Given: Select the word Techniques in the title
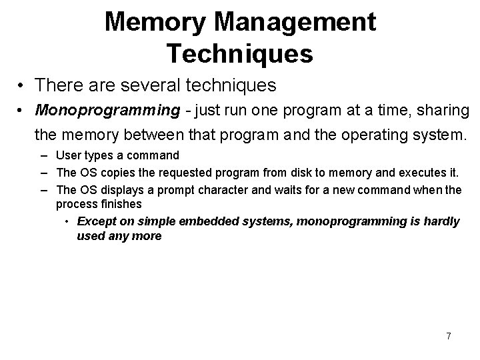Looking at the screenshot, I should (x=240, y=53).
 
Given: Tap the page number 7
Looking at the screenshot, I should (x=448, y=336).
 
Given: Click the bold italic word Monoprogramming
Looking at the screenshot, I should (x=107, y=109).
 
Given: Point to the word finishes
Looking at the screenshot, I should (x=120, y=205).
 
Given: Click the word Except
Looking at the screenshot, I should (x=96, y=221).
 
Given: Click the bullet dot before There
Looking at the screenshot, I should (x=22, y=87).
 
